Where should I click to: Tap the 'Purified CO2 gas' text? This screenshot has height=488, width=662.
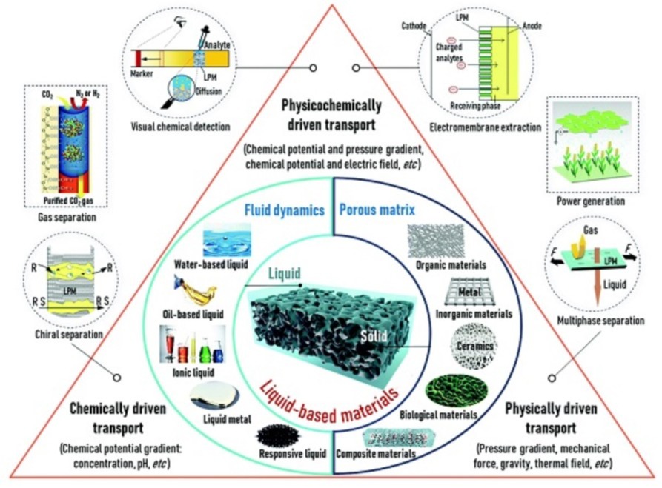pyautogui.click(x=62, y=199)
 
